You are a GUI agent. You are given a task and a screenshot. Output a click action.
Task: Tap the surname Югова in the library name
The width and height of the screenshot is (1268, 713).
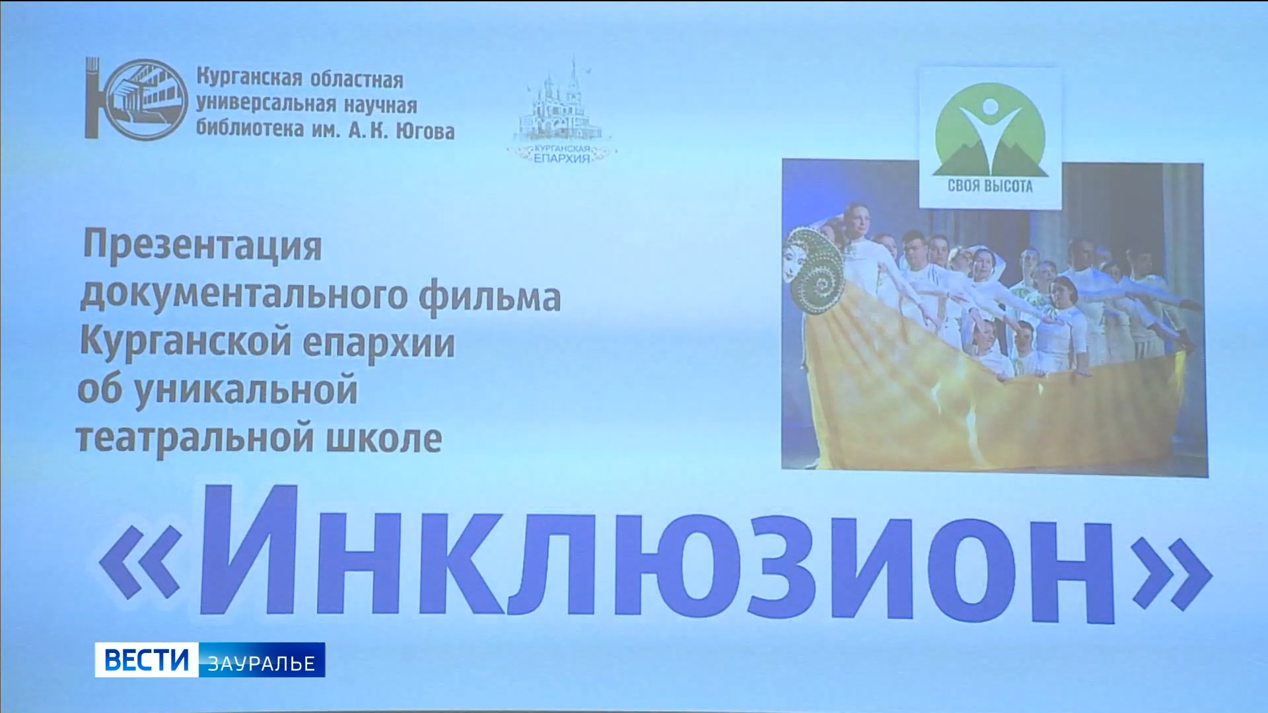click(x=423, y=131)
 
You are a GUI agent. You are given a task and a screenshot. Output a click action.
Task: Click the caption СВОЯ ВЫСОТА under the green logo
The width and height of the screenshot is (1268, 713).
click(x=989, y=186)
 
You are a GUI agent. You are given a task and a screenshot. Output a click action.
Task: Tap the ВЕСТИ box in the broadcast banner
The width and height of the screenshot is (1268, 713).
click(x=146, y=660)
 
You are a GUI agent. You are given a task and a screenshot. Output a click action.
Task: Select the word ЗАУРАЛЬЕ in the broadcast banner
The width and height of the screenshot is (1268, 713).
click(x=262, y=662)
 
